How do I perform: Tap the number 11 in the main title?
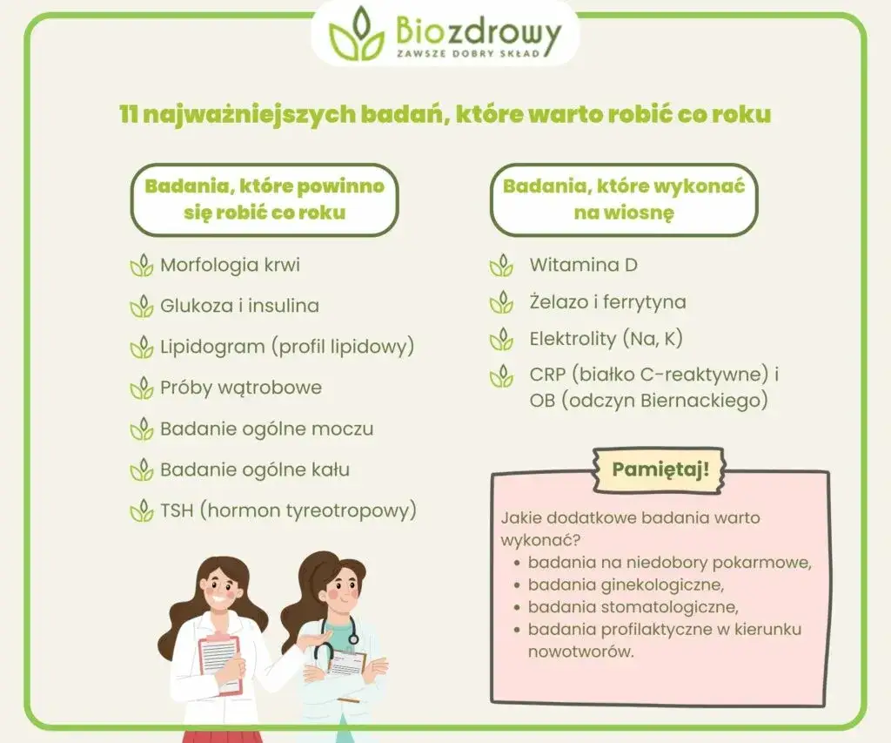point(129,114)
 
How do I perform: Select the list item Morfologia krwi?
point(230,265)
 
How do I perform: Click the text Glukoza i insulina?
point(239,306)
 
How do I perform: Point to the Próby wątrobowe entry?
point(241,388)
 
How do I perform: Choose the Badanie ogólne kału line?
point(255,469)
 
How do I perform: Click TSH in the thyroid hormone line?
point(178,511)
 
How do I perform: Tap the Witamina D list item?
point(584,265)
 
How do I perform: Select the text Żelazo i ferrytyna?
point(608,302)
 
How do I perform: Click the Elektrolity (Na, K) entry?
point(606,339)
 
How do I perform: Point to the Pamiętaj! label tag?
point(660,469)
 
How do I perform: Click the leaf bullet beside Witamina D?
point(501,266)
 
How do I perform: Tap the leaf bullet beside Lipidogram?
point(142,347)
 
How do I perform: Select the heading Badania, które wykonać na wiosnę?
point(624,199)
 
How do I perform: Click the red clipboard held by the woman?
point(220,664)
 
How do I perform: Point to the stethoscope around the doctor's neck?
point(334,638)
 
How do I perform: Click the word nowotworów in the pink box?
point(580,652)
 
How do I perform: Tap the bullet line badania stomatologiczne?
point(633,608)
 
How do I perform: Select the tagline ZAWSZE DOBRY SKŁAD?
point(467,53)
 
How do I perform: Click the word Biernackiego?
point(705,401)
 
